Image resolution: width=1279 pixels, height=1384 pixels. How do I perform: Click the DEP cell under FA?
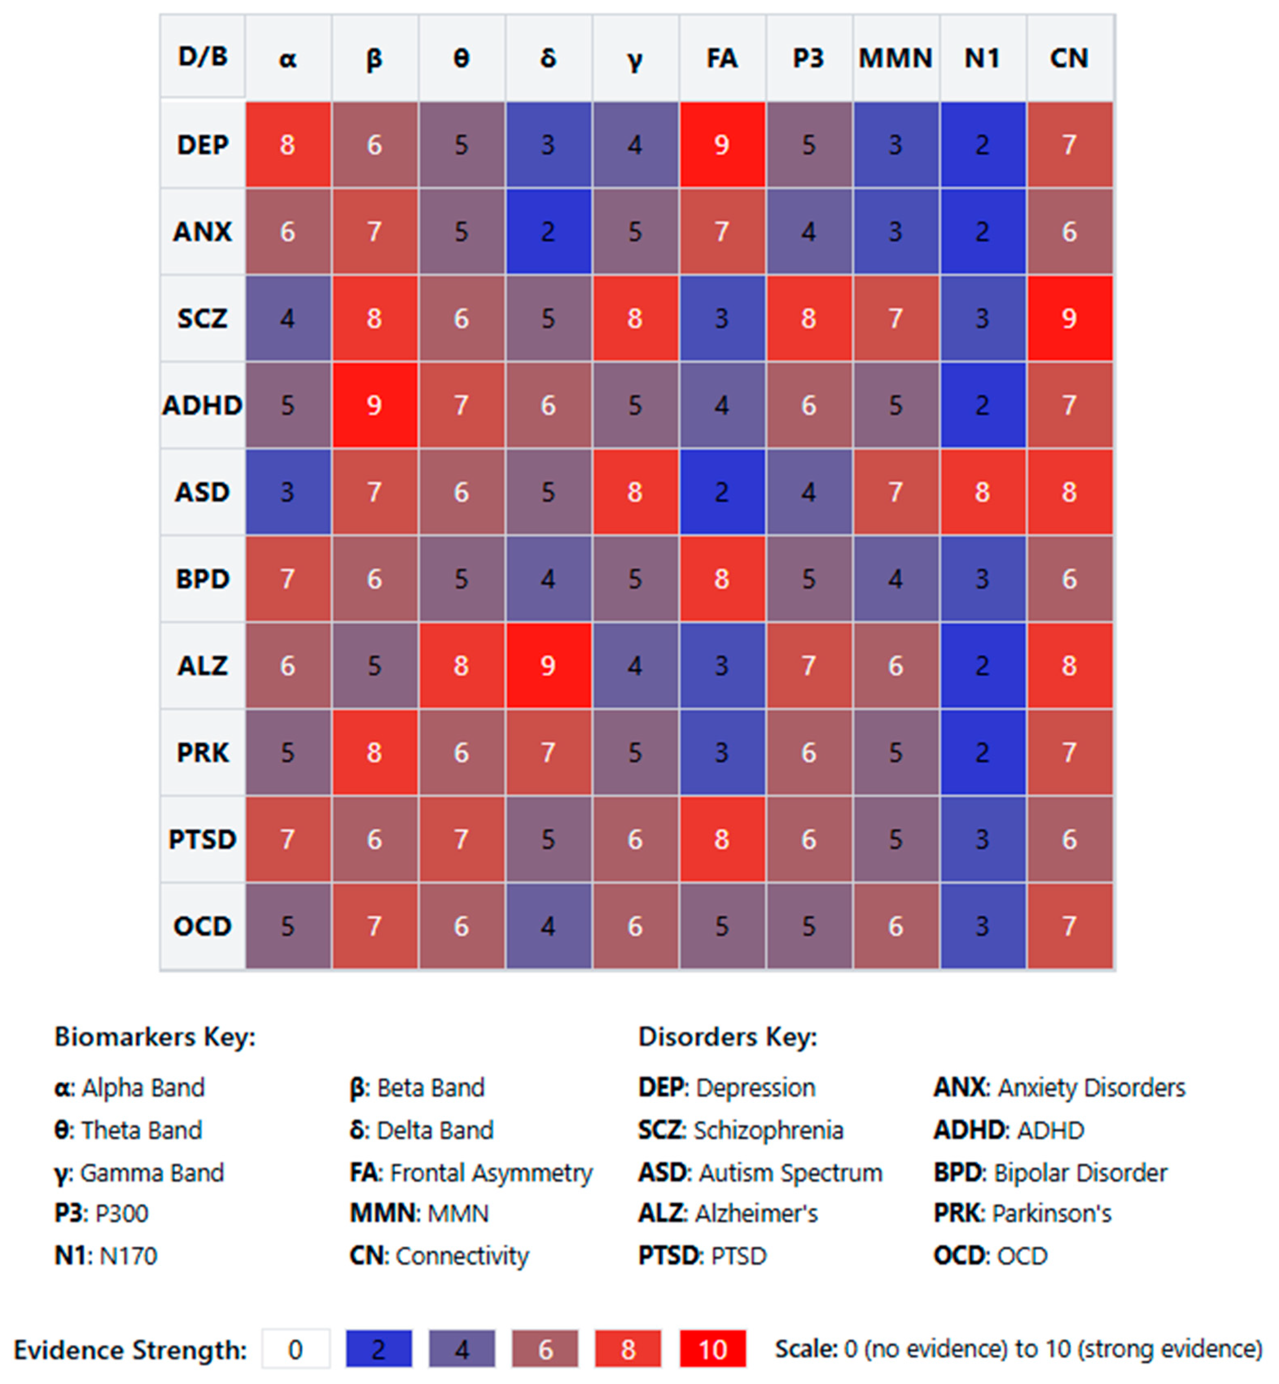(722, 145)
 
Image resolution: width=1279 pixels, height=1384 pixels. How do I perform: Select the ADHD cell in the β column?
(375, 405)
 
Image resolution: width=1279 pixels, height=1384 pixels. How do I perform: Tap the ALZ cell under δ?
(548, 666)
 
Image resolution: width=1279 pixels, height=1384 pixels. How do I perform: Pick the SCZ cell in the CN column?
(1069, 318)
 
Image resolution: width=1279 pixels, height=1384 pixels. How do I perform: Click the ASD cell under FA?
(722, 492)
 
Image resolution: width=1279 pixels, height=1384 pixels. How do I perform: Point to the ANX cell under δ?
(548, 231)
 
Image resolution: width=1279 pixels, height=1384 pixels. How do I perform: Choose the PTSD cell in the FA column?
(722, 839)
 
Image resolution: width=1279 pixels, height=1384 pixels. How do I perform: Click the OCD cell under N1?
(982, 926)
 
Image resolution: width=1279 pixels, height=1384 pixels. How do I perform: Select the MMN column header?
(896, 58)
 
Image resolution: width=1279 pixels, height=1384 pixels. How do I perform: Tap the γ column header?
(635, 58)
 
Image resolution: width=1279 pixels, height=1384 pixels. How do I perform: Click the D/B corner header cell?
(202, 57)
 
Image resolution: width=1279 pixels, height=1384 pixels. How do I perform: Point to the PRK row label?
(202, 752)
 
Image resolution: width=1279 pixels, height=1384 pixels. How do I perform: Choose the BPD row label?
(202, 578)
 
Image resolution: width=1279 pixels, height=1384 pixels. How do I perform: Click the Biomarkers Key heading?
(155, 1037)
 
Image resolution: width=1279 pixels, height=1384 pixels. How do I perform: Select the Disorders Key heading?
(727, 1037)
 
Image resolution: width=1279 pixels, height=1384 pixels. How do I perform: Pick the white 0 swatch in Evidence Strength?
(296, 1349)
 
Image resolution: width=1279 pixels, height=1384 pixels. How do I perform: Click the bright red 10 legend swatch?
(713, 1349)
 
